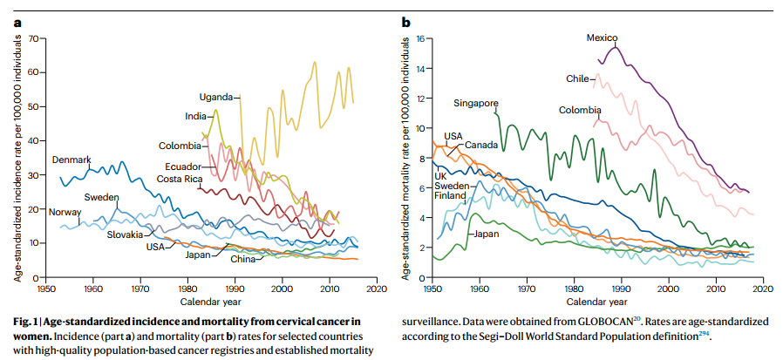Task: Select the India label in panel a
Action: pos(194,116)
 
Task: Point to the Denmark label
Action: pos(71,160)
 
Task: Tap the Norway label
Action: pos(63,212)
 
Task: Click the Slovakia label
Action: pos(125,234)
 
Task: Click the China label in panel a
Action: pos(243,259)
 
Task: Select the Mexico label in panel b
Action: pos(602,37)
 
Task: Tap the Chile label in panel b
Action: pos(577,78)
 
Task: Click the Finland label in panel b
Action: pos(451,195)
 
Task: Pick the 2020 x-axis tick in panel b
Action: pos(761,288)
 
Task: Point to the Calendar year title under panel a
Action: pos(206,301)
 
